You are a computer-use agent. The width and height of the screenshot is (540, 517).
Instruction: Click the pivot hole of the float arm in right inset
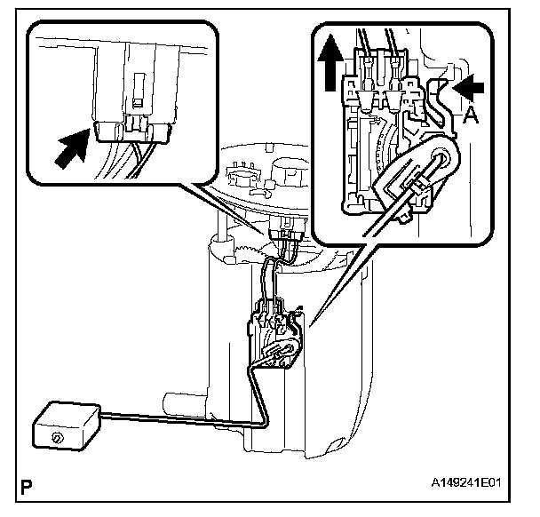tap(442, 159)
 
